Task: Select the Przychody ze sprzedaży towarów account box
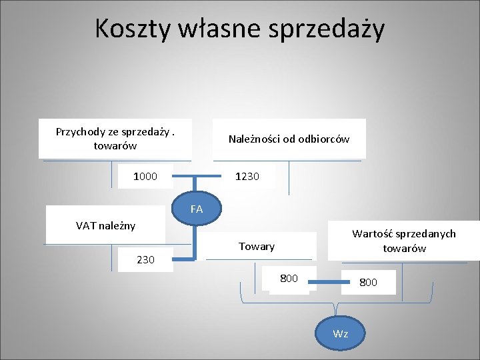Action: point(115,139)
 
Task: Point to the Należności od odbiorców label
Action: point(289,139)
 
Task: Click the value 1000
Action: point(145,177)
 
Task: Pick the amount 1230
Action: point(247,177)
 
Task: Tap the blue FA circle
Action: point(197,209)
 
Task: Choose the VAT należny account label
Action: point(105,225)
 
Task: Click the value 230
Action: point(145,260)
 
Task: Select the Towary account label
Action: point(257,247)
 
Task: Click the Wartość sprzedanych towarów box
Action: point(404,241)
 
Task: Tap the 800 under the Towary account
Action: point(289,278)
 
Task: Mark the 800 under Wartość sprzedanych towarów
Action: point(368,282)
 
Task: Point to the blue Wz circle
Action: point(341,333)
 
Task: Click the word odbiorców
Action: point(324,139)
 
